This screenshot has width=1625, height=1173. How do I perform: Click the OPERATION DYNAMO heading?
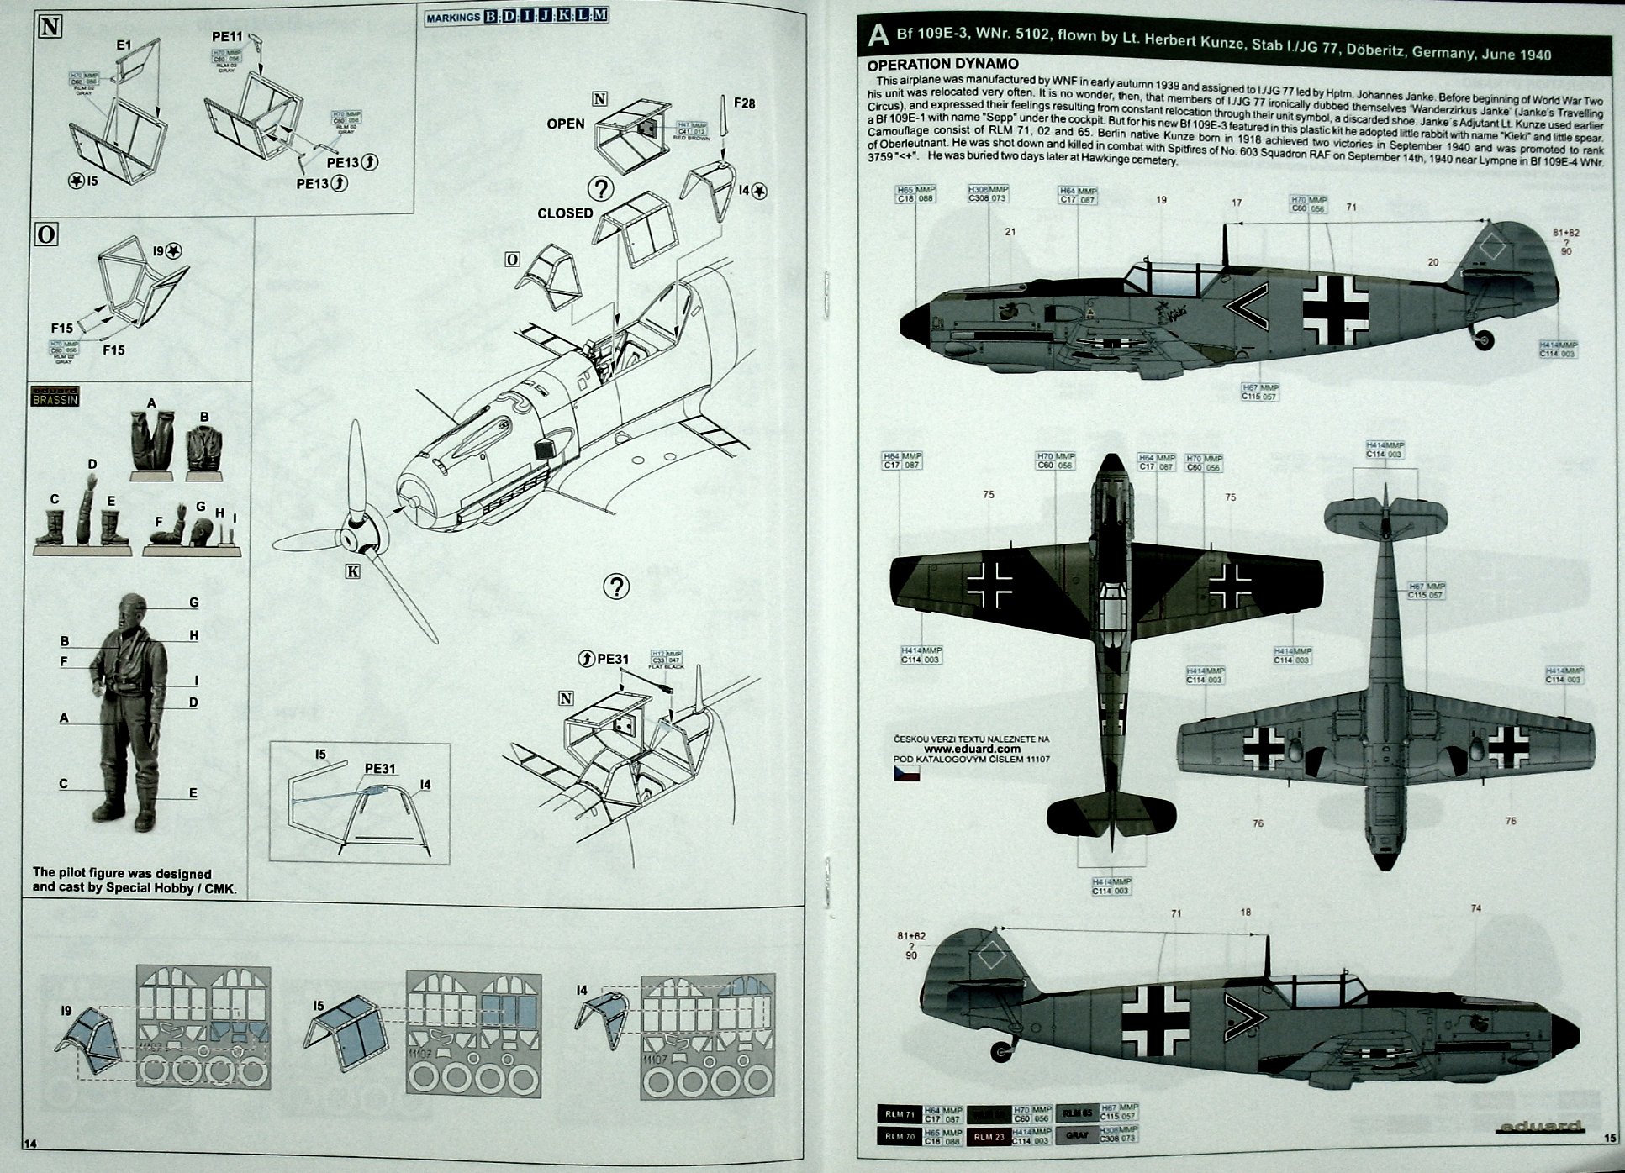[x=942, y=65]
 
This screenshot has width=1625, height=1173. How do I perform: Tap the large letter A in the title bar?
[x=878, y=35]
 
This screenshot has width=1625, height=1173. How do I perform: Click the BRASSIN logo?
[x=55, y=396]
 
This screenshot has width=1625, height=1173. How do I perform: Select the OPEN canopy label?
[x=565, y=124]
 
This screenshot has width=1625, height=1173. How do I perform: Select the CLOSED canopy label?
[x=565, y=213]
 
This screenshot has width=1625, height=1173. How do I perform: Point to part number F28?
[x=744, y=103]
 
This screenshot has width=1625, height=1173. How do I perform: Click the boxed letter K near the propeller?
[x=352, y=571]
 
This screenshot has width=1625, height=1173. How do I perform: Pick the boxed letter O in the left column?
[x=46, y=234]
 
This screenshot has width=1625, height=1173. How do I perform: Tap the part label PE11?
[x=227, y=37]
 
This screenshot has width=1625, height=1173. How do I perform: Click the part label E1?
[x=124, y=45]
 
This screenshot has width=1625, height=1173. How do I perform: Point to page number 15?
[x=1609, y=1139]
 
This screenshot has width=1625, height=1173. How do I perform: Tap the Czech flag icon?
[x=905, y=773]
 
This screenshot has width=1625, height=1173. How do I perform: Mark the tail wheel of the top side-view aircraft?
[x=1485, y=339]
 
